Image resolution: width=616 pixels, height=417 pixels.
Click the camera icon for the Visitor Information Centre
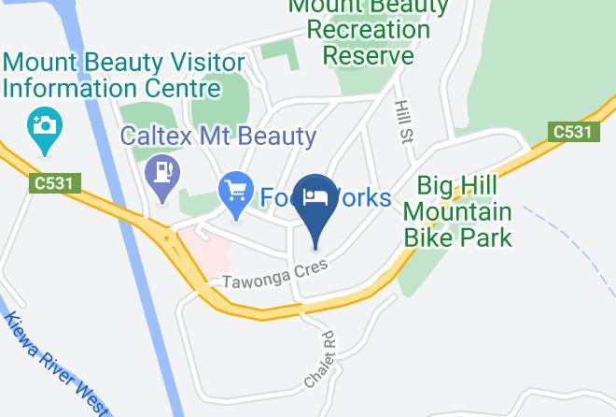(44, 123)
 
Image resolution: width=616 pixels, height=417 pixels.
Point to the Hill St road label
(404, 122)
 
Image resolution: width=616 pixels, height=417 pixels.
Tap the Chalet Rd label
(319, 359)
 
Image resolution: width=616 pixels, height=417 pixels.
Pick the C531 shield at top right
(571, 132)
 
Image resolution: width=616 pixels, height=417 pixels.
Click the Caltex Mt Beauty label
(218, 137)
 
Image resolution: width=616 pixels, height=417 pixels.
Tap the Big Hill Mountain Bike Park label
(458, 210)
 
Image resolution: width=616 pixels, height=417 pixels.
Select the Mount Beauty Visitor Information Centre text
(124, 76)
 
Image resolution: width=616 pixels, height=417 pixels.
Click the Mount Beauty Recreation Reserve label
(369, 30)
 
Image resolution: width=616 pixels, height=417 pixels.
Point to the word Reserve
(369, 55)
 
